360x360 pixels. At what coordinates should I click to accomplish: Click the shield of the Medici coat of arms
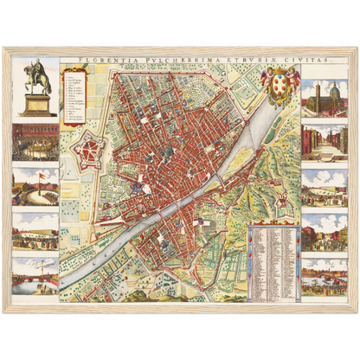click(x=280, y=88)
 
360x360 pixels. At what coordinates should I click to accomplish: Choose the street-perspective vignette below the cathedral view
click(x=325, y=140)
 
